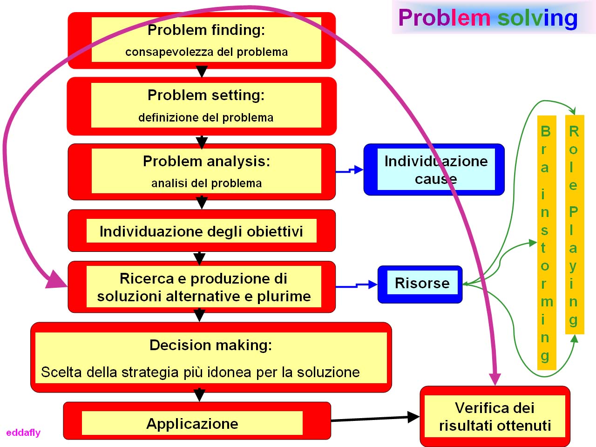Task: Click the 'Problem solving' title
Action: pos(488,18)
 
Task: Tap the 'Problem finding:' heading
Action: pos(206,30)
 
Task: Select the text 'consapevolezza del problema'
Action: pos(206,52)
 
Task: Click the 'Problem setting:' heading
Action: pos(206,95)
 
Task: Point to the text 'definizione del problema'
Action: pos(206,117)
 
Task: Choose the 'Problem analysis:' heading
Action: pos(206,161)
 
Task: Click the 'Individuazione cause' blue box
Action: pos(434,169)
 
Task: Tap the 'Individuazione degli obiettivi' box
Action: pos(202,230)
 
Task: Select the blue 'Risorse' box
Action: pos(420,284)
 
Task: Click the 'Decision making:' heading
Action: pos(211,345)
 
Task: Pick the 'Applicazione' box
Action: pos(197,420)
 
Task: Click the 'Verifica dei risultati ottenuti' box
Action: pos(495,416)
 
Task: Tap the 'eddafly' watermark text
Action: pos(23,433)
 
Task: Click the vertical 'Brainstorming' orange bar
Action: pos(547,243)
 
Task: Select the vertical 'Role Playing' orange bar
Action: pos(575,224)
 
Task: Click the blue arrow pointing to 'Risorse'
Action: pos(357,285)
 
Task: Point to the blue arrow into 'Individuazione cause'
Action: pos(350,170)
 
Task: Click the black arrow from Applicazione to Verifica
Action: pos(375,419)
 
